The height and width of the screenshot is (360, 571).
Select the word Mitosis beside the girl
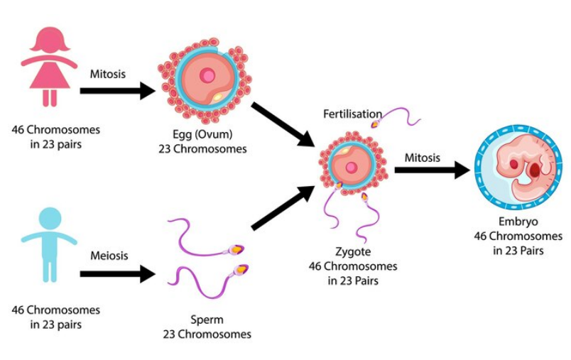click(x=107, y=73)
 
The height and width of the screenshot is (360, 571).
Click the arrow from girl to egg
click(x=117, y=91)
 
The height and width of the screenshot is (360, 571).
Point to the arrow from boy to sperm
click(x=117, y=273)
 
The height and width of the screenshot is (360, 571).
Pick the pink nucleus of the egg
click(x=207, y=75)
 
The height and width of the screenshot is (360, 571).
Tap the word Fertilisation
click(x=352, y=114)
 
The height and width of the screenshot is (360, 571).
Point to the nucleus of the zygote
click(x=351, y=168)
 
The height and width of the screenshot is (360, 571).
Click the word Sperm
click(x=206, y=320)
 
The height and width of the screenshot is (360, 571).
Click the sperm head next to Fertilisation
click(x=374, y=124)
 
